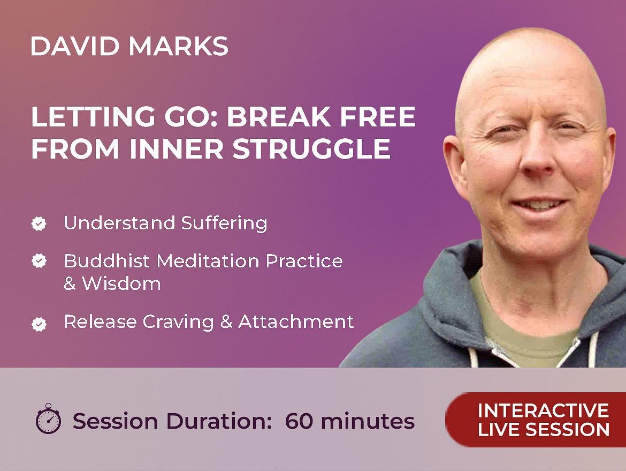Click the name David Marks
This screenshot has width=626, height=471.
[x=129, y=46]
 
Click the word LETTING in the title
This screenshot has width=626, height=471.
[x=92, y=116]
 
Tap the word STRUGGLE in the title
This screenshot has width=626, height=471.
[x=311, y=149]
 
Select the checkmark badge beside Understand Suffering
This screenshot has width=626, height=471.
[x=39, y=223]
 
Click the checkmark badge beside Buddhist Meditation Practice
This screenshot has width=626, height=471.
[x=39, y=261]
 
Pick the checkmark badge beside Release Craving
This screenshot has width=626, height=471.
[x=39, y=324]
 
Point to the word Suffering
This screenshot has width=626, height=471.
[x=224, y=223]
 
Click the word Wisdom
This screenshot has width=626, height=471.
[x=121, y=283]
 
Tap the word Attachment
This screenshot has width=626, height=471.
[x=296, y=322]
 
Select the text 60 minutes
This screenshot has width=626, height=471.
[x=350, y=421]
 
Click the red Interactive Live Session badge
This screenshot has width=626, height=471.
[x=536, y=420]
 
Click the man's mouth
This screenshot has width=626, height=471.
[x=540, y=205]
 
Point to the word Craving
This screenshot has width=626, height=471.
[x=179, y=322]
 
